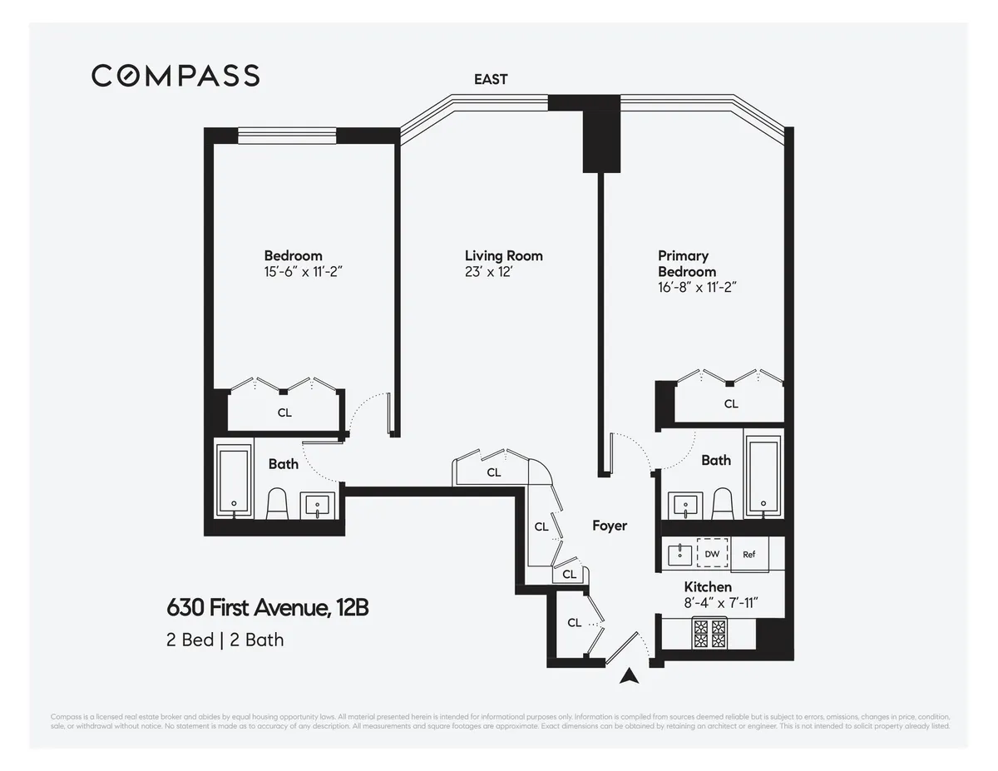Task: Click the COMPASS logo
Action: click(x=175, y=76)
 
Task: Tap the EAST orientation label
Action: click(x=491, y=80)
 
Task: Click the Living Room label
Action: click(x=503, y=255)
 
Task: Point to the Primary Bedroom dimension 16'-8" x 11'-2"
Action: click(x=698, y=287)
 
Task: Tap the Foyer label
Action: click(x=610, y=526)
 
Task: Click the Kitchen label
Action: click(x=708, y=587)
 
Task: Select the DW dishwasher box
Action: click(x=712, y=554)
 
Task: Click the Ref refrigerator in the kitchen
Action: click(x=749, y=555)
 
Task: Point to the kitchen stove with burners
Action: click(x=710, y=635)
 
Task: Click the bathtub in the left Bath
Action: click(x=234, y=482)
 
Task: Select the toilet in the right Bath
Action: click(x=722, y=503)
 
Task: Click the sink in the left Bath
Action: click(x=318, y=504)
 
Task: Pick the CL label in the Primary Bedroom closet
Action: click(x=731, y=404)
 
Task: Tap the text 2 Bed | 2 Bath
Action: click(x=225, y=640)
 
